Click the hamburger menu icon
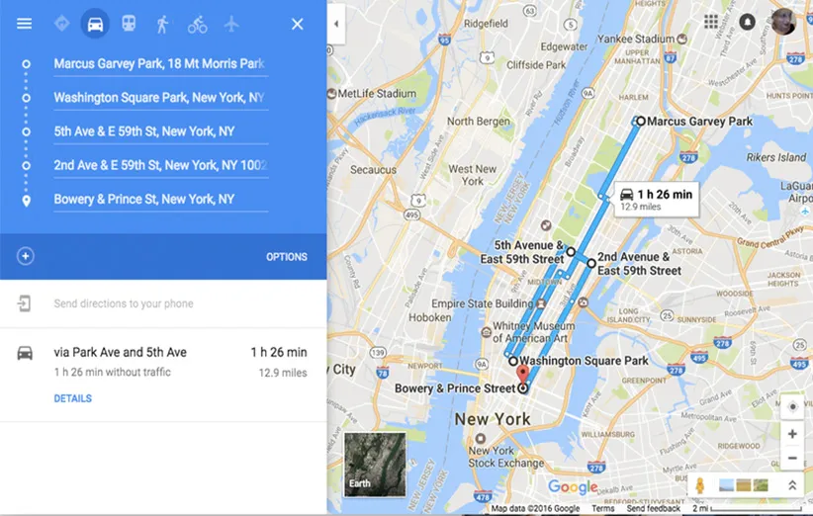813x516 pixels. click(24, 23)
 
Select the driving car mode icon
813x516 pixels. click(95, 23)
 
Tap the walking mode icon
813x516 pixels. click(162, 23)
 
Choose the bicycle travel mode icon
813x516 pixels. click(197, 23)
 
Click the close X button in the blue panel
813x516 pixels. click(297, 23)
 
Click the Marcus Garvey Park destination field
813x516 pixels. click(159, 64)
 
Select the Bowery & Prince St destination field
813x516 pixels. click(159, 200)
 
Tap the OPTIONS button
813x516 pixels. click(286, 257)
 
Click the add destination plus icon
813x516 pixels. click(26, 256)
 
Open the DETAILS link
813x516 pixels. click(72, 398)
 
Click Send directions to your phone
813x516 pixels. click(124, 303)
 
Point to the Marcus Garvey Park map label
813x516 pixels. click(699, 122)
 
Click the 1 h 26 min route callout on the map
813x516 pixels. click(656, 199)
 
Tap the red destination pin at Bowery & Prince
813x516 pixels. click(523, 375)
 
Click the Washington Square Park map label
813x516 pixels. click(584, 361)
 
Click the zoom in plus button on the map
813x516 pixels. click(791, 433)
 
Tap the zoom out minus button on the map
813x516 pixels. click(791, 458)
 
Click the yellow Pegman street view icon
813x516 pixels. click(699, 485)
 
